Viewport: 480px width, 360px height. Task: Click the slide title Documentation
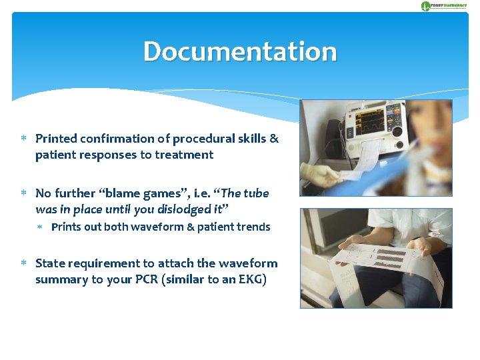coord(240,51)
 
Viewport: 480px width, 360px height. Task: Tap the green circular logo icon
coord(426,6)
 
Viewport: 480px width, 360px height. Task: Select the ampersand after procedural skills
coord(274,139)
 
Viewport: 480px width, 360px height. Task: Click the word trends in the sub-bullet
coord(253,227)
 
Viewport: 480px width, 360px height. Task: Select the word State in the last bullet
coord(50,263)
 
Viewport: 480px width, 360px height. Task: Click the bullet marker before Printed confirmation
coord(23,139)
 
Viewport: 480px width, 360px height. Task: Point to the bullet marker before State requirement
coord(23,263)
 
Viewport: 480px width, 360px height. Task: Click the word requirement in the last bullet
coord(107,263)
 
